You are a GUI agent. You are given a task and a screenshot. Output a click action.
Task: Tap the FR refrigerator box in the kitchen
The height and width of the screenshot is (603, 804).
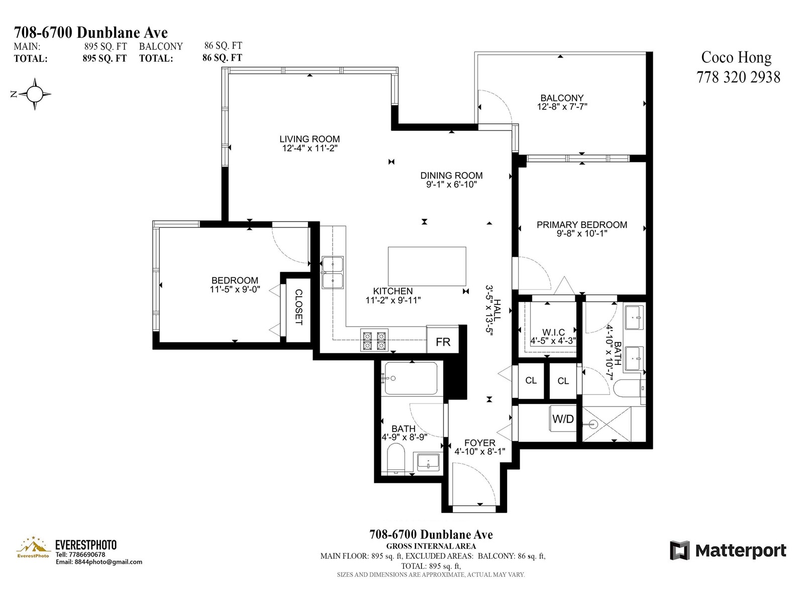(x=443, y=339)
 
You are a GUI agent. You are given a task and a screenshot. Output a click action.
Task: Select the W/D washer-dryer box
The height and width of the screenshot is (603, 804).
(x=563, y=419)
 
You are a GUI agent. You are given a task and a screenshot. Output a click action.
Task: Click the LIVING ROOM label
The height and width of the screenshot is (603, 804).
(x=310, y=139)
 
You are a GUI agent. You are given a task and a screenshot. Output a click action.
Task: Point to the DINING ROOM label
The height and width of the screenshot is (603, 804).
(x=451, y=175)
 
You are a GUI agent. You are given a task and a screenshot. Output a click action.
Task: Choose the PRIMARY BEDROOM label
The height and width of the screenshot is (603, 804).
(x=582, y=225)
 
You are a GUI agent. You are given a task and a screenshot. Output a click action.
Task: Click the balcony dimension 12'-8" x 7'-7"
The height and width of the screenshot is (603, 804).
(x=562, y=107)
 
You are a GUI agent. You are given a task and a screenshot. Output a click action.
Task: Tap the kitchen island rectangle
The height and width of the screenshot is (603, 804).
(x=427, y=266)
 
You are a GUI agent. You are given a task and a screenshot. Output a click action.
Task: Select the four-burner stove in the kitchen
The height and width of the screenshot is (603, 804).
(x=374, y=340)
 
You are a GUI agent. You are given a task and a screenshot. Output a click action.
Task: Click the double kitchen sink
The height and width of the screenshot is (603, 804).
(x=333, y=272)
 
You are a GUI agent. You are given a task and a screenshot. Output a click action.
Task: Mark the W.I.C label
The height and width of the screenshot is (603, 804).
(x=553, y=332)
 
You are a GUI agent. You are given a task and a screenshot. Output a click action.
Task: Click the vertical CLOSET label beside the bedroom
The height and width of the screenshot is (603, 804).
(x=298, y=307)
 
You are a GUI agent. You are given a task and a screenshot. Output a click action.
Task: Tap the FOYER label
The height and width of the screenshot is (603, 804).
(x=479, y=443)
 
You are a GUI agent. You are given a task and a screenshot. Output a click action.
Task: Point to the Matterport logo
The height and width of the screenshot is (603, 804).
(x=728, y=550)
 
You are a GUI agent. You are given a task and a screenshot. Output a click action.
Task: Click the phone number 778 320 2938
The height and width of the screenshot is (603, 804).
(x=738, y=77)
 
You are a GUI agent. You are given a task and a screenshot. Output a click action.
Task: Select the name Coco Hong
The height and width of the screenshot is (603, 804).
(x=736, y=58)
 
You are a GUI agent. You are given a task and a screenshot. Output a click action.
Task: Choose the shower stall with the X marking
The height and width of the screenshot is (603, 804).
(x=607, y=424)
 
